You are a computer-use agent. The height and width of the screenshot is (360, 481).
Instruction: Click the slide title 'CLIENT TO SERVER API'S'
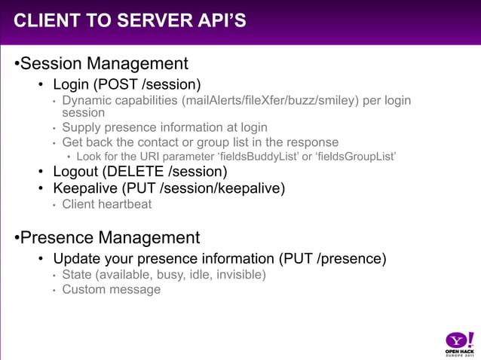click(130, 20)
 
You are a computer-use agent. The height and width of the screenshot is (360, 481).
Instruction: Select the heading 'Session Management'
click(103, 63)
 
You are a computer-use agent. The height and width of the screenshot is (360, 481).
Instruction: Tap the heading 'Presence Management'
click(109, 238)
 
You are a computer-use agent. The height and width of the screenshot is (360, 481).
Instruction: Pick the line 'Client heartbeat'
click(106, 204)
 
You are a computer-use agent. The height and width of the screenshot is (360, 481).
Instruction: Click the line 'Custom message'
click(111, 289)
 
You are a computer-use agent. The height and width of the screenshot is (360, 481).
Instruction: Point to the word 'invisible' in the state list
click(239, 275)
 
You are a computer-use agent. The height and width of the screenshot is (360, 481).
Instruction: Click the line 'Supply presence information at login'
click(164, 127)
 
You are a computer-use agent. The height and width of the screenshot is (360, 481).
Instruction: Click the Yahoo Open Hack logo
click(458, 343)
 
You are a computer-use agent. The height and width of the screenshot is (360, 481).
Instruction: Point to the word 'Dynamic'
click(86, 100)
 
